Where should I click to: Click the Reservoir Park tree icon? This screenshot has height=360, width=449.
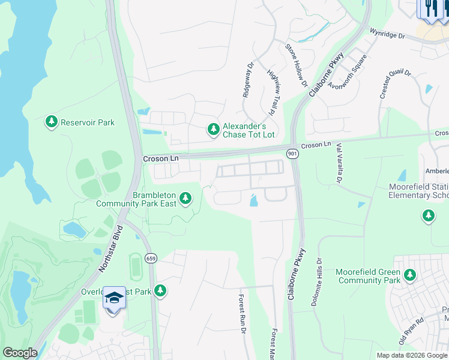(52, 122)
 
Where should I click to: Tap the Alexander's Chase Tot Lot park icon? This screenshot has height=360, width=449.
(213, 129)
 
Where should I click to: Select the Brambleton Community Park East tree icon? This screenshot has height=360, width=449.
(186, 197)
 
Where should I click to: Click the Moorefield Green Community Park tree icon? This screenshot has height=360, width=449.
(410, 275)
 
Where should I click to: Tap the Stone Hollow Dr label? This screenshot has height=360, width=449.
(297, 65)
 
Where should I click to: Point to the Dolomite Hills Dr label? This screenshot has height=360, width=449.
(316, 283)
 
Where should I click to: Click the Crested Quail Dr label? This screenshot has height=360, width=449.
(395, 84)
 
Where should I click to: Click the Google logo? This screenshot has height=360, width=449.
(20, 353)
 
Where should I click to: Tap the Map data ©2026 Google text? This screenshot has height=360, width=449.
(411, 355)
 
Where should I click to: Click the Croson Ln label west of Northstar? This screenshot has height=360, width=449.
(160, 158)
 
